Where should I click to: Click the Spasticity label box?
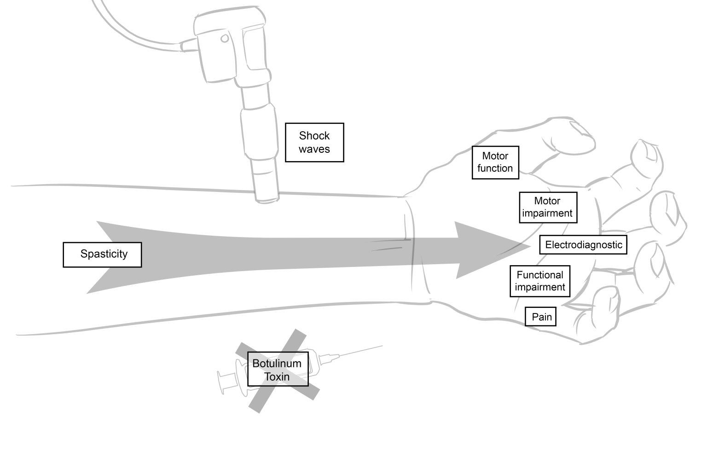click(x=102, y=254)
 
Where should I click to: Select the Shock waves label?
click(x=314, y=142)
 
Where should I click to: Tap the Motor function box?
click(x=495, y=162)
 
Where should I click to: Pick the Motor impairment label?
click(x=547, y=207)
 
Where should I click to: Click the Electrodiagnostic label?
click(x=583, y=245)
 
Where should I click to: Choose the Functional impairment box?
click(x=540, y=281)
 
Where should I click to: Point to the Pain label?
click(x=541, y=317)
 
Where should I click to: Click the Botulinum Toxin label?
click(x=277, y=370)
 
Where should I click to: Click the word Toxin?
click(x=277, y=376)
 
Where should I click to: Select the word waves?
click(x=314, y=149)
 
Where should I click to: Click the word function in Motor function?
click(x=495, y=168)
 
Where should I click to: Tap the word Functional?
click(x=540, y=275)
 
